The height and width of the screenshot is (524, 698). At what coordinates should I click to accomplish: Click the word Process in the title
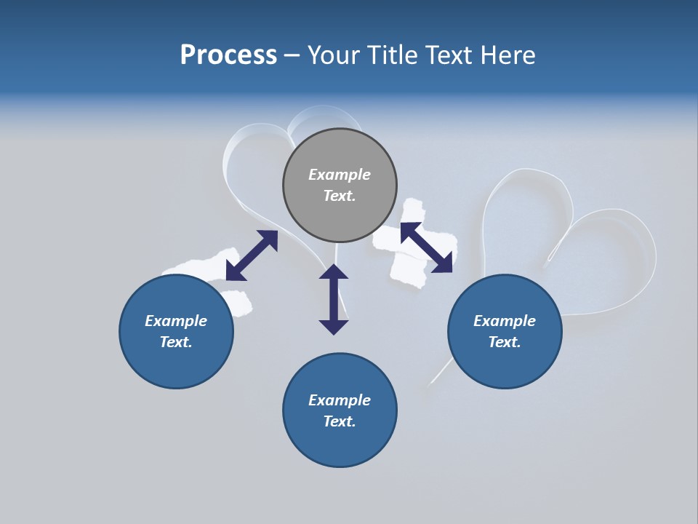[228, 55]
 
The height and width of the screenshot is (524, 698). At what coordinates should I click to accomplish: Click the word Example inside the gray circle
[340, 175]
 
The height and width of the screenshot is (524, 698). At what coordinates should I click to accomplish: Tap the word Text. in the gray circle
[340, 196]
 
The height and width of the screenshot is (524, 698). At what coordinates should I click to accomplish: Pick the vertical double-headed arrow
[334, 299]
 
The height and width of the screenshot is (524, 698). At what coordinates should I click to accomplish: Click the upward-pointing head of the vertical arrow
[334, 271]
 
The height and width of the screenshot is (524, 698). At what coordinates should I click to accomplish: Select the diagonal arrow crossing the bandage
[426, 247]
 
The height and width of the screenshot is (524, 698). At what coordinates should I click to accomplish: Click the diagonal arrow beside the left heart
[252, 255]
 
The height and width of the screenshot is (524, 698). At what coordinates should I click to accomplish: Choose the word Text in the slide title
[450, 55]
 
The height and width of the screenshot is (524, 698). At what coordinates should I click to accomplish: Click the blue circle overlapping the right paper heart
[505, 331]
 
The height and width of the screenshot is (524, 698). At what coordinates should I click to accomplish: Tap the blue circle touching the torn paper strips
[176, 331]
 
